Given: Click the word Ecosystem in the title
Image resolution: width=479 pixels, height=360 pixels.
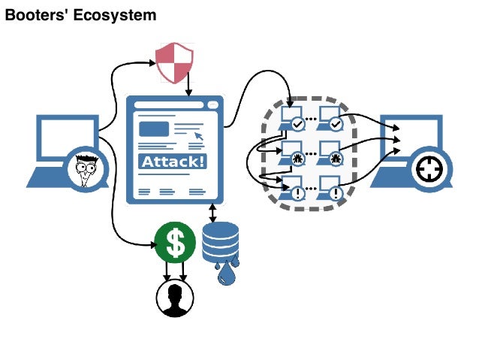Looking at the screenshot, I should pyautogui.click(x=116, y=14).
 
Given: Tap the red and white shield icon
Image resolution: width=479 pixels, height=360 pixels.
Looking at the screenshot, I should pyautogui.click(x=174, y=62).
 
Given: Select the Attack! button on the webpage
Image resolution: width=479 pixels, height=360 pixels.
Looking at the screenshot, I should pyautogui.click(x=175, y=162).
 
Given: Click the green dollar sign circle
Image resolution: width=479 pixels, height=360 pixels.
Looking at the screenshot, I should pyautogui.click(x=175, y=242).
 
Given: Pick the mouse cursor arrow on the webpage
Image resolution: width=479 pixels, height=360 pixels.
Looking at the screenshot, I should pyautogui.click(x=199, y=135).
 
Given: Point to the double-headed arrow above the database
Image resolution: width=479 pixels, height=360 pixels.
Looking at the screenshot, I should pyautogui.click(x=214, y=212).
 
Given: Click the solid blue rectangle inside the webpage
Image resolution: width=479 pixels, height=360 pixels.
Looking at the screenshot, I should pyautogui.click(x=154, y=129).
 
